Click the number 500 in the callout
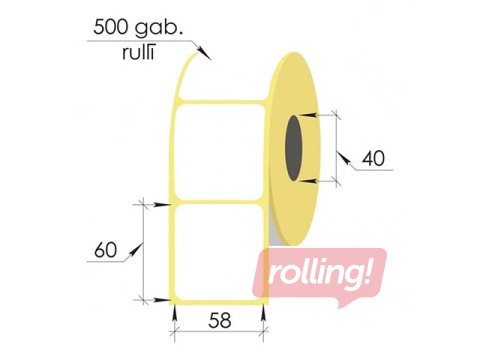(111, 28)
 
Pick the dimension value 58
(220, 322)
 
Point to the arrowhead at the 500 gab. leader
(207, 56)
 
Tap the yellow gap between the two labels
(219, 200)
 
